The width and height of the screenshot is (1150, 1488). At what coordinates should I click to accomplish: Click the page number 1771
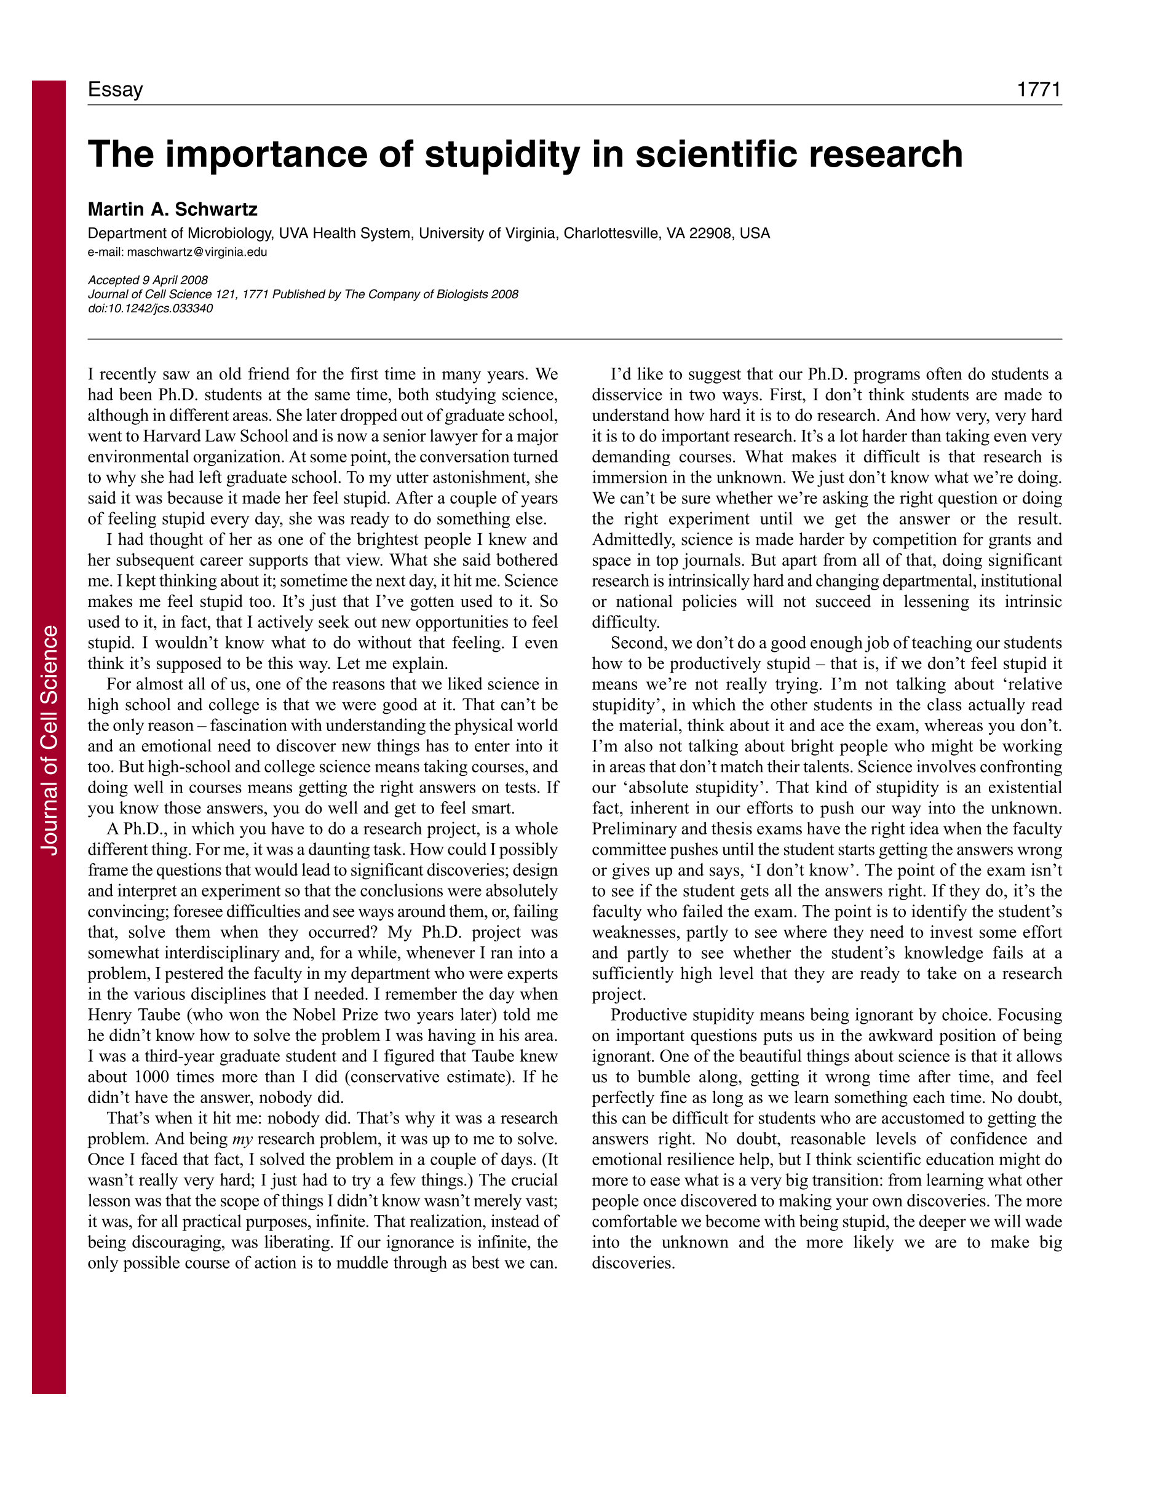[x=1038, y=89]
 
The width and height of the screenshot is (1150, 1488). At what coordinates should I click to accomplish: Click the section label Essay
[x=115, y=89]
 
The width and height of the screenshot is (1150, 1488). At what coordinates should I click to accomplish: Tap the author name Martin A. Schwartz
[x=172, y=209]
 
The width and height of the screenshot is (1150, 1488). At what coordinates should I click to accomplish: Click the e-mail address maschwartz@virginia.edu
[x=197, y=252]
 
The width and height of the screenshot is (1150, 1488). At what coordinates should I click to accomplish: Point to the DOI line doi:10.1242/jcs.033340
[x=150, y=309]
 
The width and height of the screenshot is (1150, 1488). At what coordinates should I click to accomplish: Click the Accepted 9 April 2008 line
[x=148, y=280]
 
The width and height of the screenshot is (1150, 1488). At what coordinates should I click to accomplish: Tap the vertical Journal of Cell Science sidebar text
[x=49, y=739]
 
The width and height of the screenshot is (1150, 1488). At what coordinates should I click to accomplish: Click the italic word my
[x=242, y=1139]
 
